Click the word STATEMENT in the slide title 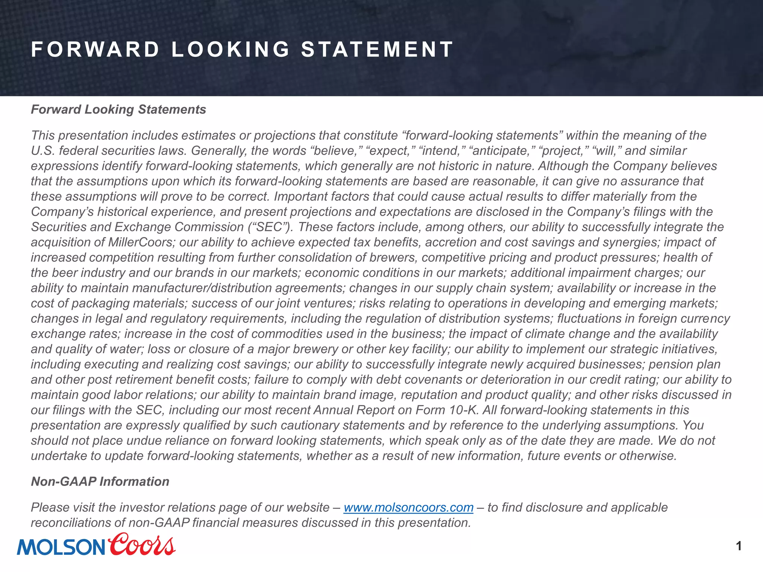tap(377, 50)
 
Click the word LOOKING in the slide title tap(230, 50)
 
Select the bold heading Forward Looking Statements tap(118, 109)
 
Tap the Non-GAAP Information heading tap(100, 482)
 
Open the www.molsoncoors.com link tap(408, 507)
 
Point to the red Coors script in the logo tap(142, 544)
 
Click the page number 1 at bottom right tap(739, 546)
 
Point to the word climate tap(545, 334)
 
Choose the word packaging tap(100, 303)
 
